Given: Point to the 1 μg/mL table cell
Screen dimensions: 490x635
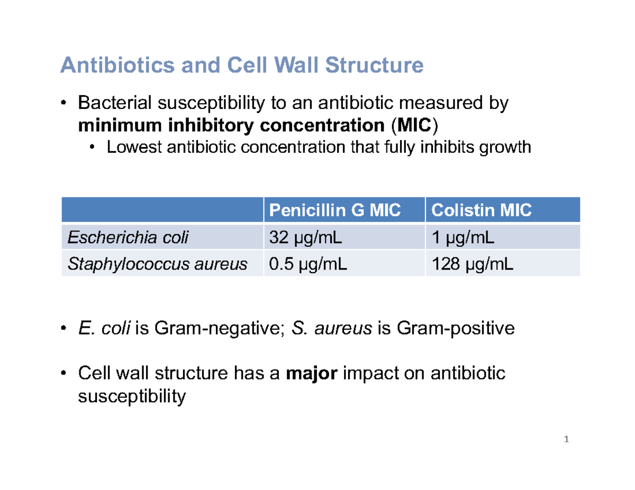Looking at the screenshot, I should point(463,238).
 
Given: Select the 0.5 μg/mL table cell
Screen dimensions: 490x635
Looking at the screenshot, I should point(309,264).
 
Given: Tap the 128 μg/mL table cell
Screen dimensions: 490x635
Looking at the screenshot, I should point(472,264).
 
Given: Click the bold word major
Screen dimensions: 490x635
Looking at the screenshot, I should point(311,374).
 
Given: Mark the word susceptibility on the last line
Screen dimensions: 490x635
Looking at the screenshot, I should point(131,396).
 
